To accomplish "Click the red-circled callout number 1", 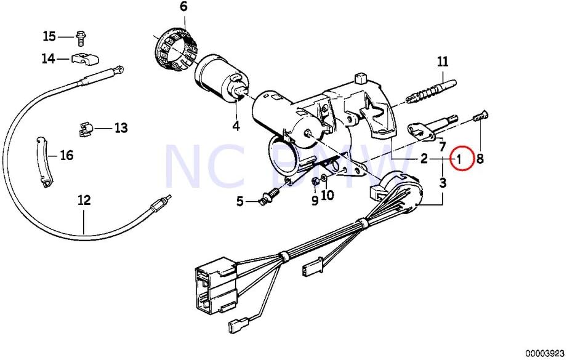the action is click(459, 159).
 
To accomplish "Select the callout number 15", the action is click(49, 37).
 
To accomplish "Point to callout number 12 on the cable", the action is click(84, 200).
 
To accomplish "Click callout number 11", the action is click(443, 62).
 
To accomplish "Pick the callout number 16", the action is click(66, 155).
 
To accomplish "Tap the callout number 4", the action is click(236, 127).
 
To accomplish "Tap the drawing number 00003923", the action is click(545, 353).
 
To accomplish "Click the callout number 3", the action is click(443, 182).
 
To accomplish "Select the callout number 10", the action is click(327, 196).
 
